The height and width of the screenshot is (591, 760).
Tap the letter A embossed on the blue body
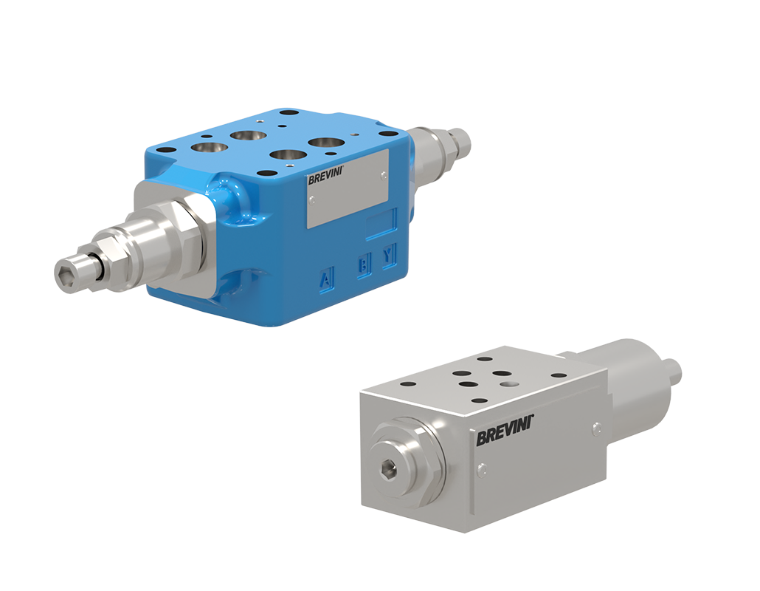[x=325, y=279]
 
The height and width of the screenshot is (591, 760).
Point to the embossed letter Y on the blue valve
[x=387, y=256]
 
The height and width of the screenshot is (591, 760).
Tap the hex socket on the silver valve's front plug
[x=387, y=468]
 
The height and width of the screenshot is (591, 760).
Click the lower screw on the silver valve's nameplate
[x=482, y=465]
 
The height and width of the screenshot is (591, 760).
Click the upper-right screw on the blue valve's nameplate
[x=382, y=174]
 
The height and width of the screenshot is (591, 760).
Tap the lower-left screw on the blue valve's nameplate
[x=312, y=199]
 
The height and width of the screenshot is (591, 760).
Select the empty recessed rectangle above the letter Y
[x=381, y=222]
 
